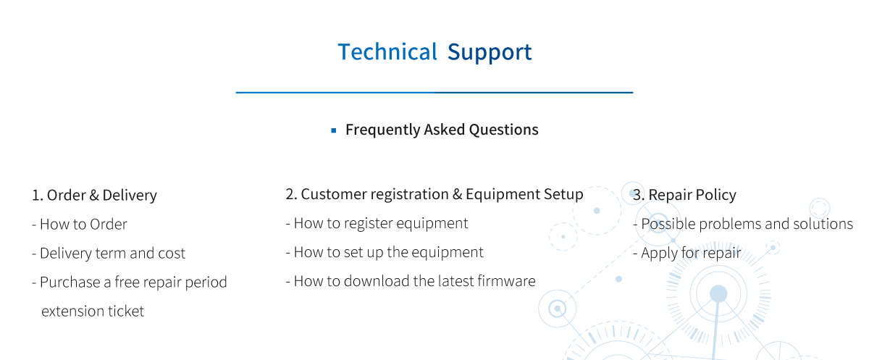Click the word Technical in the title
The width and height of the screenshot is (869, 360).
[387, 52]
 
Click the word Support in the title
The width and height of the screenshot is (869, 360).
[490, 53]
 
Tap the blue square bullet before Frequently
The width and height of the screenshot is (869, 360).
[334, 130]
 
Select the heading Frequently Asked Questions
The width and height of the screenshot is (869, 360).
[442, 130]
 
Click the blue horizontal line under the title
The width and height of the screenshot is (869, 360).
[434, 92]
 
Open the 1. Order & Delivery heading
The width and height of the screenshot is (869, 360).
[94, 195]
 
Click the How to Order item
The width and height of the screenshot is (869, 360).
[80, 225]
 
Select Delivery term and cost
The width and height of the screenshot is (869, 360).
[109, 254]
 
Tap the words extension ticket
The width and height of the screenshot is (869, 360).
[93, 311]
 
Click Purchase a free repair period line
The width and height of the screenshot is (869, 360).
[130, 282]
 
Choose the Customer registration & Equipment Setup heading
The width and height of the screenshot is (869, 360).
[442, 194]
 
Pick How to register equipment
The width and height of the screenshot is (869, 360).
[377, 223]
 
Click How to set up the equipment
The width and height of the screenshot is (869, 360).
[385, 253]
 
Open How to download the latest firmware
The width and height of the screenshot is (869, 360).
[411, 281]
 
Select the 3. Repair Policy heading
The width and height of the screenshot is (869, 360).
[684, 195]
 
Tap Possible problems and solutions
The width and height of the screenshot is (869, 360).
[743, 225]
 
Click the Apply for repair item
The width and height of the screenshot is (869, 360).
[687, 254]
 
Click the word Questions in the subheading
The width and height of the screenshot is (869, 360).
[503, 130]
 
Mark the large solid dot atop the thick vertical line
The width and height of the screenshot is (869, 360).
[718, 293]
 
